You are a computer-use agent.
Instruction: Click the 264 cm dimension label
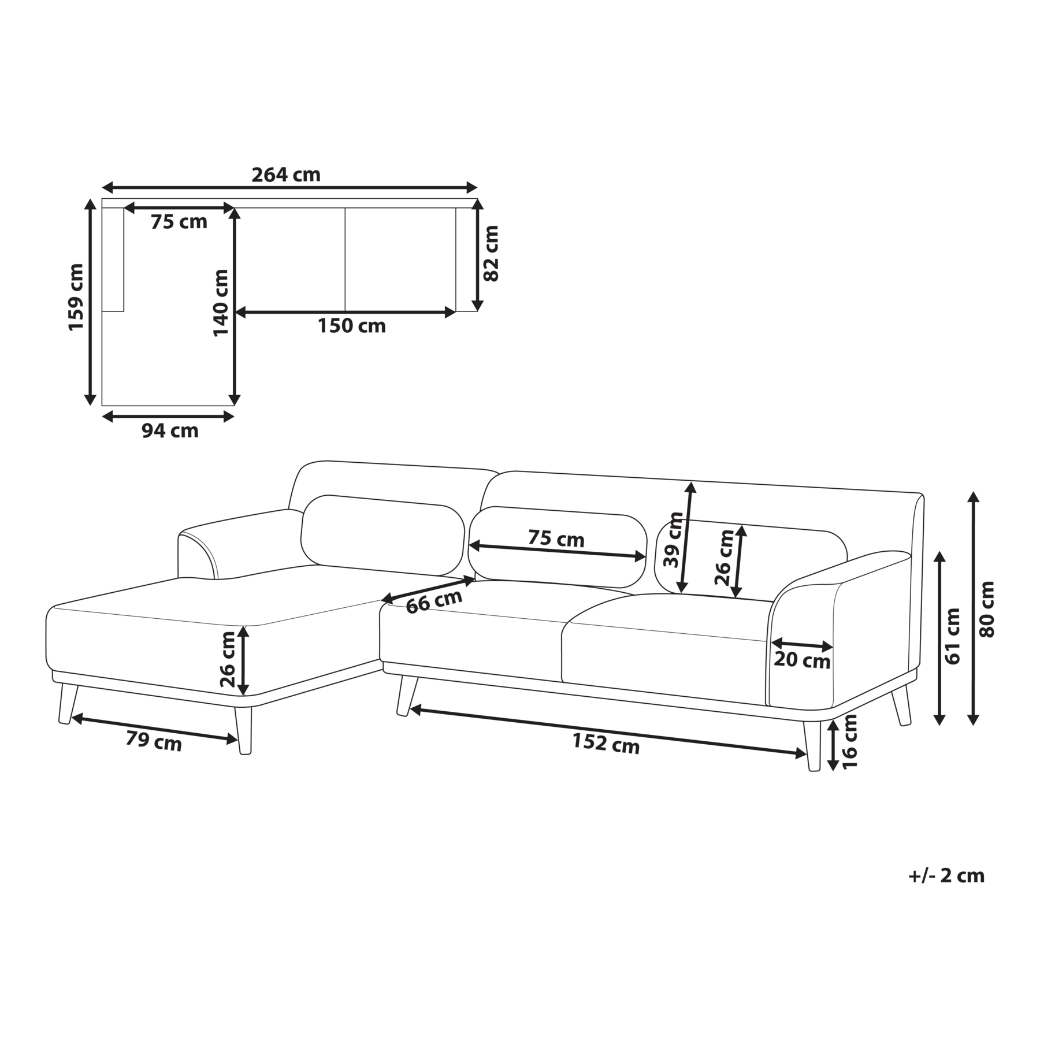point(286,174)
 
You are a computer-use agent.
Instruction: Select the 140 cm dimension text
point(221,303)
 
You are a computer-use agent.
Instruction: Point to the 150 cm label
point(351,326)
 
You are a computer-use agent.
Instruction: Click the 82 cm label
point(491,253)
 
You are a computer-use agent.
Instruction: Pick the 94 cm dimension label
point(170,430)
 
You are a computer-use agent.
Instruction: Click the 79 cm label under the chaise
point(154,741)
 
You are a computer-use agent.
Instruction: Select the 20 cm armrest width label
point(802,660)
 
